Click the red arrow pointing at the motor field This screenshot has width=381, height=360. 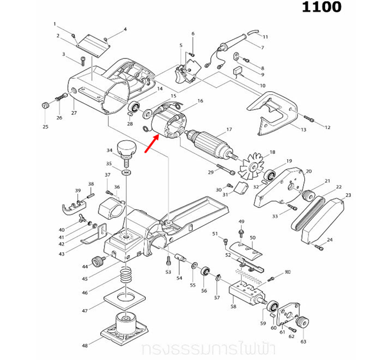pos(150,142)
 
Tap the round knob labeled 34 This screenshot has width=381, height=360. pos(126,148)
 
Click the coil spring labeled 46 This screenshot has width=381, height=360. pos(125,275)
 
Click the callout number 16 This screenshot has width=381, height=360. pos(201,101)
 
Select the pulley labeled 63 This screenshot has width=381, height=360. pos(303,323)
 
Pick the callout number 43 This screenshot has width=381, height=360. pos(61,253)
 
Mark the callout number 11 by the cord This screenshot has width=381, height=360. pos(265,37)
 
